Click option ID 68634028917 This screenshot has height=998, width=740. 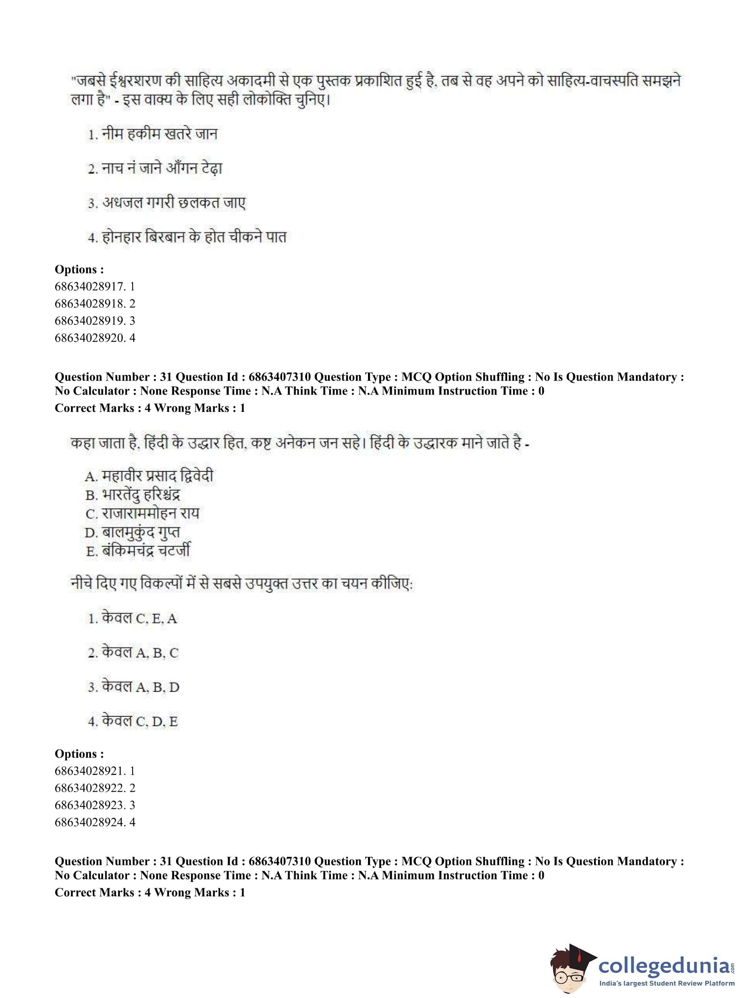(x=95, y=286)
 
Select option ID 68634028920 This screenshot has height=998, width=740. (x=95, y=337)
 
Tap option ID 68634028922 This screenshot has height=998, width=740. (x=95, y=788)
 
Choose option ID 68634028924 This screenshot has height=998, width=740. (x=95, y=822)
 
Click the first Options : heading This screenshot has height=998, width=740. (x=79, y=269)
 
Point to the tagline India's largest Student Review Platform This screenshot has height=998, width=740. (x=666, y=983)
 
